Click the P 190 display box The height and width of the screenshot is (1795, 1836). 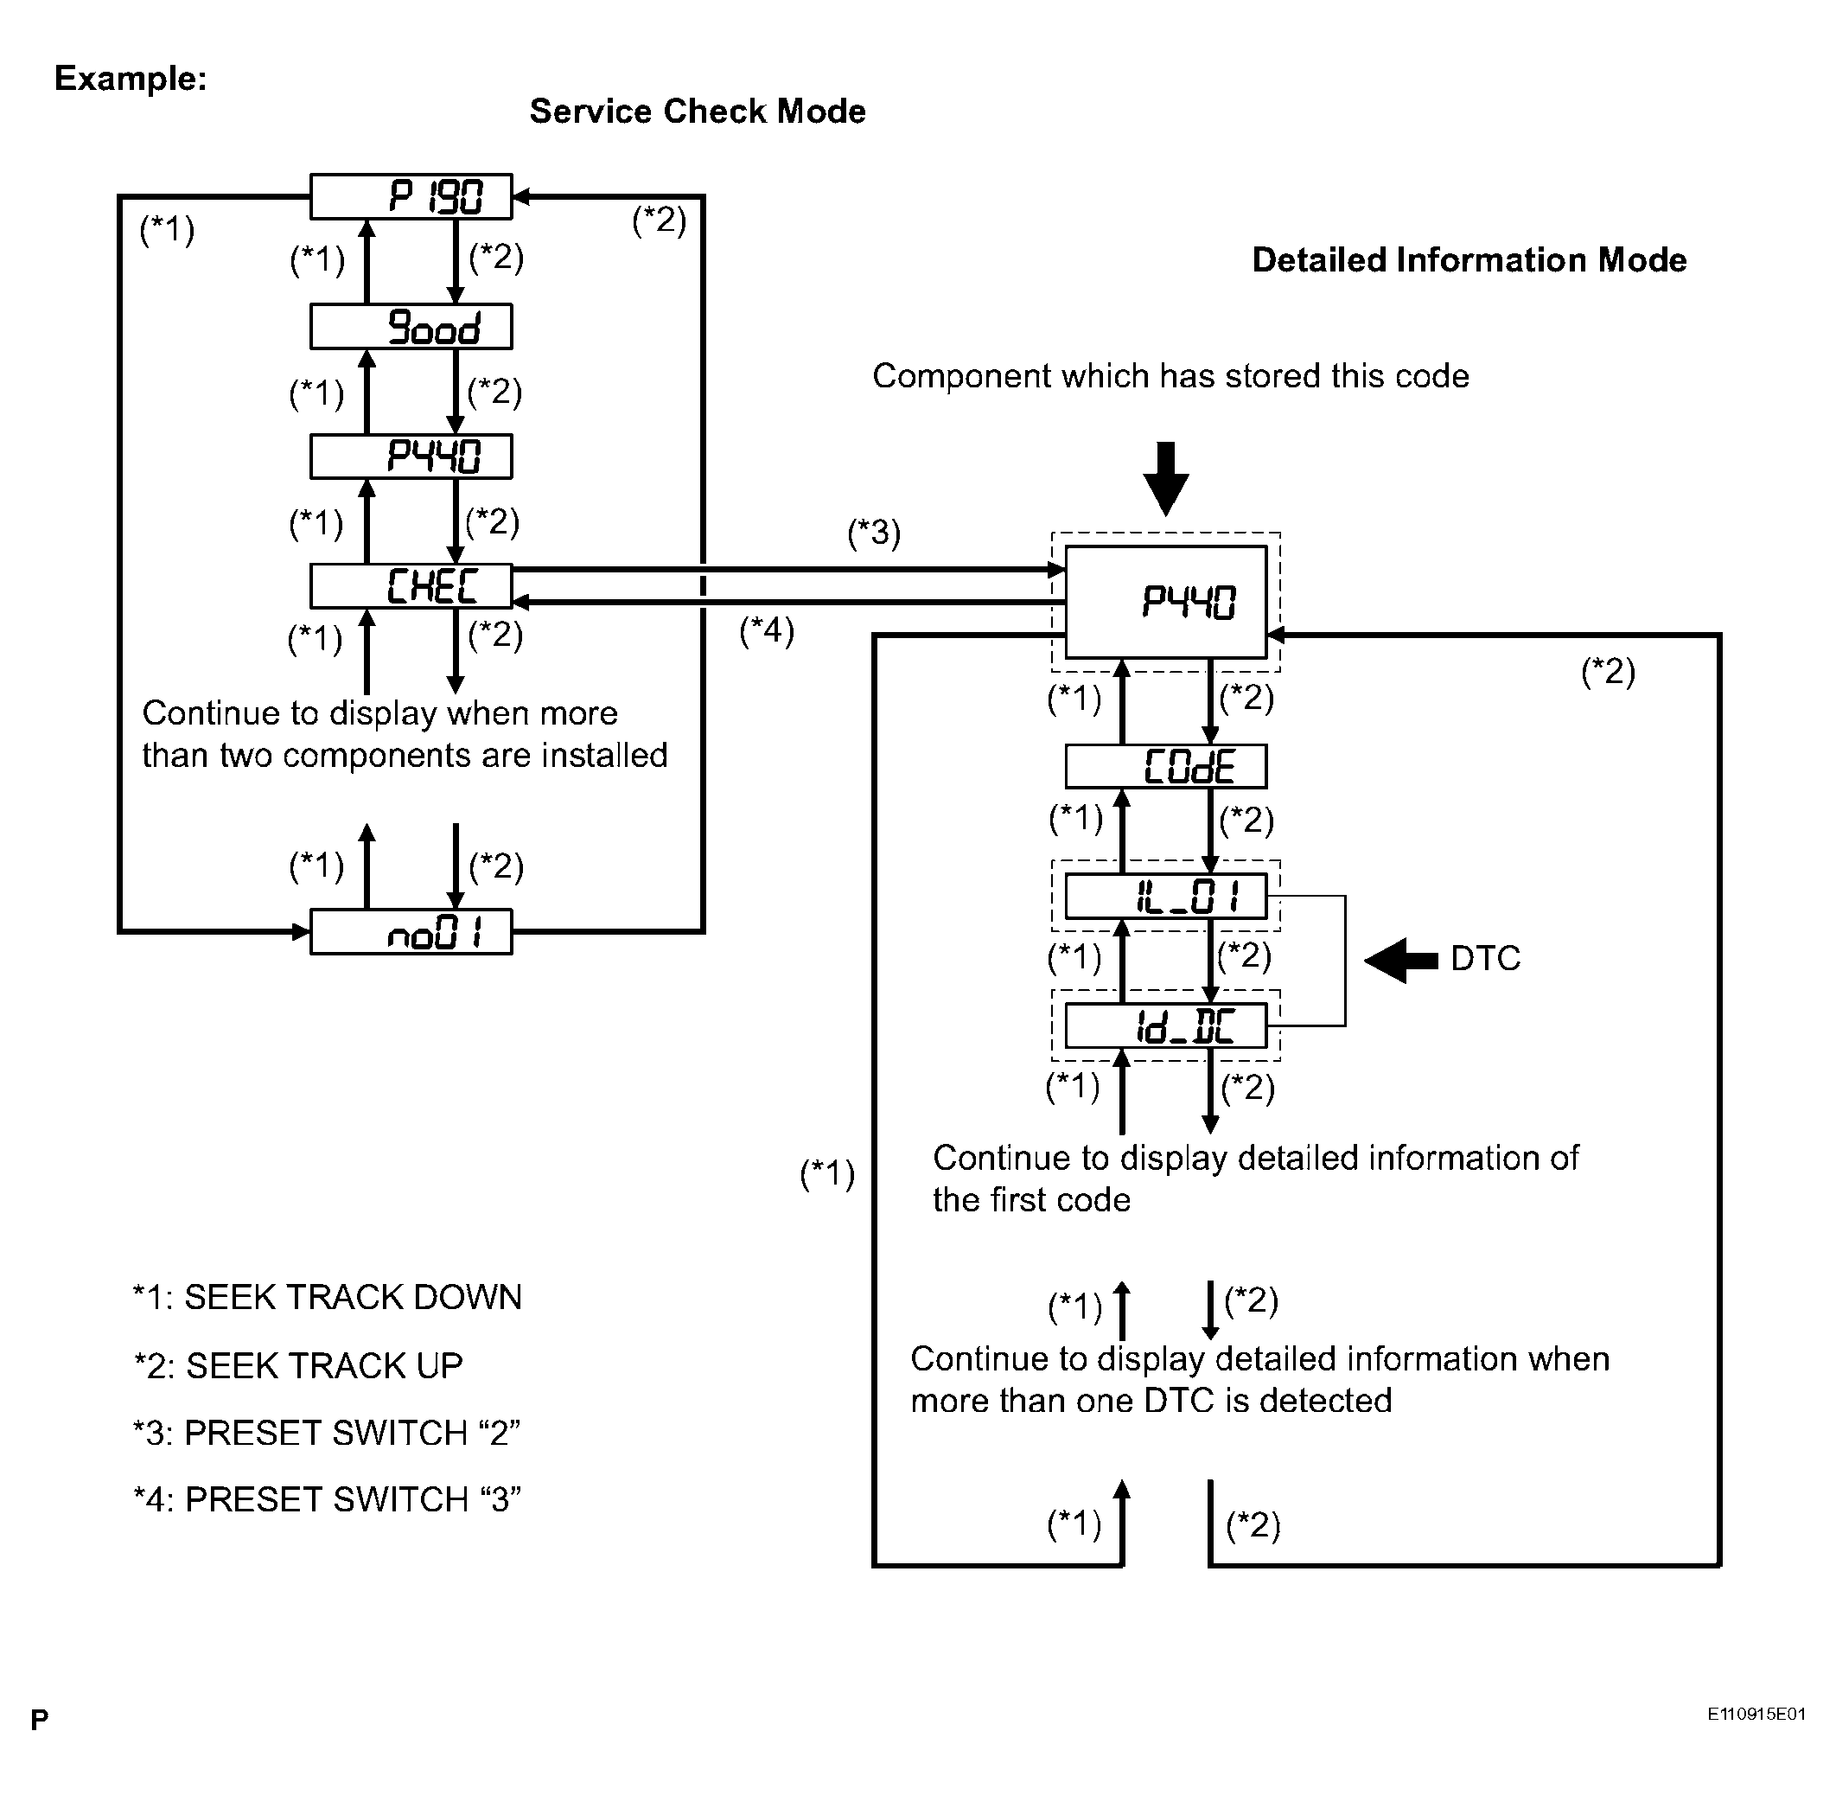click(x=411, y=196)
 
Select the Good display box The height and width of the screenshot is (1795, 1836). click(x=411, y=326)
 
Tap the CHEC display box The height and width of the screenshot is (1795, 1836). click(x=411, y=585)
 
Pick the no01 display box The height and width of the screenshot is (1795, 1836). click(x=411, y=931)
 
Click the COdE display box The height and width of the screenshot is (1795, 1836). click(x=1166, y=765)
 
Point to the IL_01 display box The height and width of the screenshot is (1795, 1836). click(x=1166, y=896)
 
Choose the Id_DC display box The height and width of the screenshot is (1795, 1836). click(x=1166, y=1025)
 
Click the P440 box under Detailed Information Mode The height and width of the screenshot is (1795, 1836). click(x=1166, y=602)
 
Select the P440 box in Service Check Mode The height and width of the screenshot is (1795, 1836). click(x=411, y=457)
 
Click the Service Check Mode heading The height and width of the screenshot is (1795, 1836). click(x=698, y=112)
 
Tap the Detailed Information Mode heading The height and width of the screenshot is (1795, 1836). click(x=1469, y=260)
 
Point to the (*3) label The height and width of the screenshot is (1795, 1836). click(x=874, y=533)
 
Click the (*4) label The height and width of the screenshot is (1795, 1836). click(x=766, y=629)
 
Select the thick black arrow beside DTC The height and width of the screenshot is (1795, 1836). click(x=1400, y=961)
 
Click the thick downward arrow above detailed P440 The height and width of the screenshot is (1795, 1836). click(x=1166, y=479)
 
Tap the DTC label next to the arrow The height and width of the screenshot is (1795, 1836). click(x=1485, y=959)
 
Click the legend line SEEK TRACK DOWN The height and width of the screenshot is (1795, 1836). click(x=327, y=1297)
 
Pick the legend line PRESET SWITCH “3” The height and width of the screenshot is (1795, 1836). click(x=327, y=1499)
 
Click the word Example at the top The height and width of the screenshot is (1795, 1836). click(x=130, y=78)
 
